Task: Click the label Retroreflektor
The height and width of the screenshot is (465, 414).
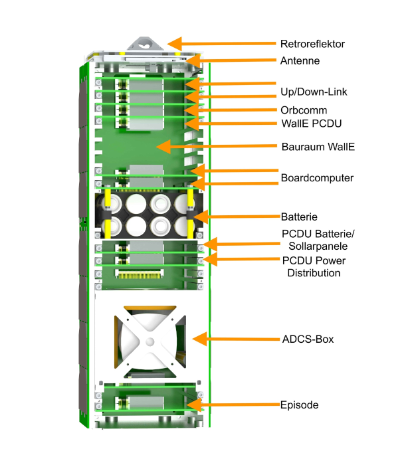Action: [312, 45]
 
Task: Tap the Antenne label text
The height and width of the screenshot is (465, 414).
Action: [300, 60]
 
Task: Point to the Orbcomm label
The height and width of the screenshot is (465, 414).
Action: [304, 110]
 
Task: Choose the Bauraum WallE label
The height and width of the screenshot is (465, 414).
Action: [317, 146]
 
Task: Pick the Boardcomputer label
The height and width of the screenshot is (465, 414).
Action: [317, 178]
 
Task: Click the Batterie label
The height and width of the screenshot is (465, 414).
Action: [299, 217]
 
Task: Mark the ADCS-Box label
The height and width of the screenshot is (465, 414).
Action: [308, 339]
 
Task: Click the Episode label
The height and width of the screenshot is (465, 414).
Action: [299, 405]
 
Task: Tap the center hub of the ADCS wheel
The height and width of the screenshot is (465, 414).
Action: [150, 341]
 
